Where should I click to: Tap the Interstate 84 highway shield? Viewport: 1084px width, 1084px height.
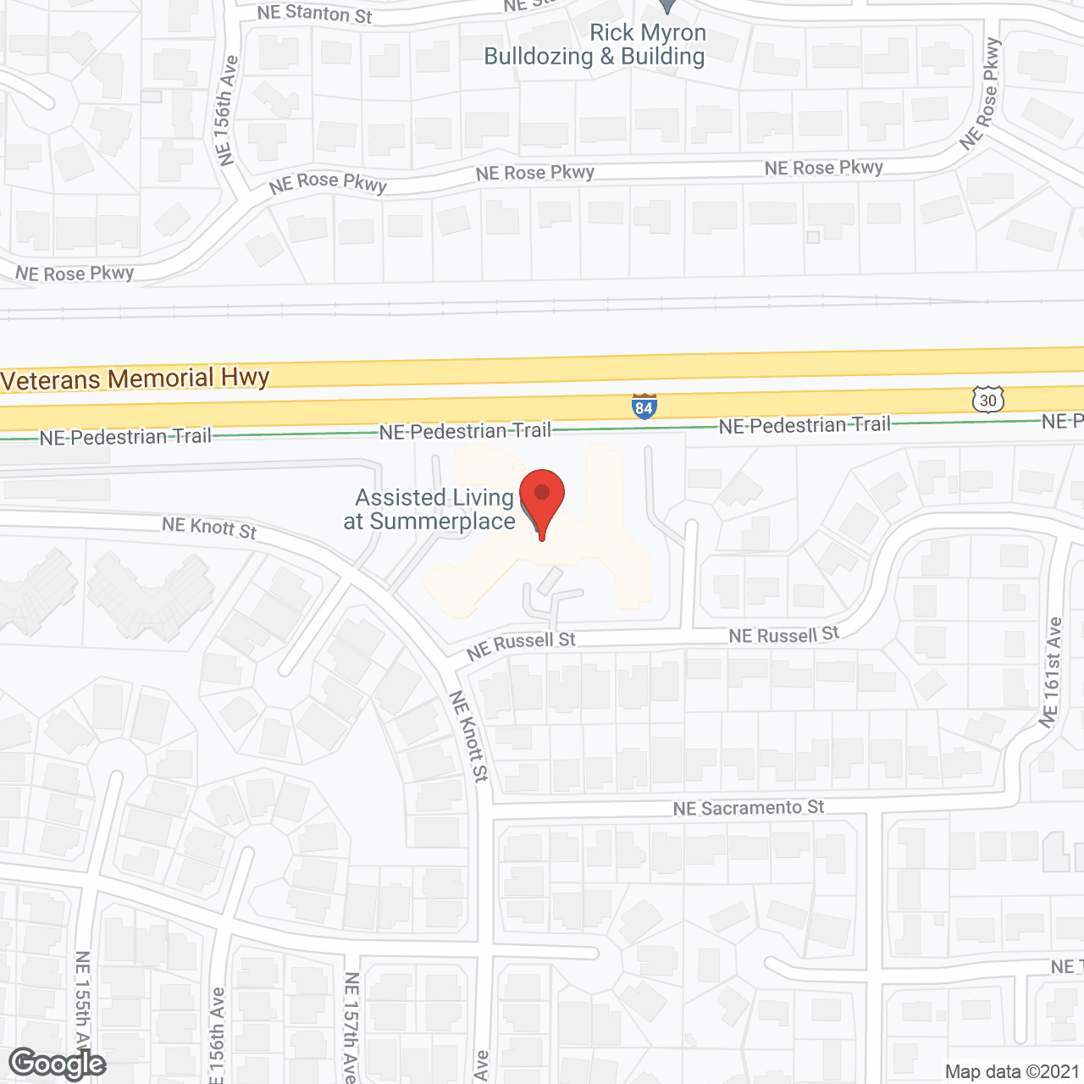pyautogui.click(x=644, y=406)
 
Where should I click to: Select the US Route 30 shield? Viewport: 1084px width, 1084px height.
pyautogui.click(x=987, y=399)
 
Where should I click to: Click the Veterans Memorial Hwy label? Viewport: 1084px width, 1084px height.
pyautogui.click(x=135, y=379)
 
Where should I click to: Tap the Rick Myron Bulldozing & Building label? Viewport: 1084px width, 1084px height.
pyautogui.click(x=595, y=45)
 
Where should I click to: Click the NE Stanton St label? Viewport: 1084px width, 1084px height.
pyautogui.click(x=315, y=13)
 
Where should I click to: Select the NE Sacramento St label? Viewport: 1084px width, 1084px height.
pyautogui.click(x=749, y=808)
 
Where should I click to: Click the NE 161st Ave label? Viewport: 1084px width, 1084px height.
pyautogui.click(x=1051, y=672)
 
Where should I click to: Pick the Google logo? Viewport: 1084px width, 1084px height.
pyautogui.click(x=58, y=1064)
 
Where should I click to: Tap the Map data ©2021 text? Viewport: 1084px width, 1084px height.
pyautogui.click(x=1012, y=1071)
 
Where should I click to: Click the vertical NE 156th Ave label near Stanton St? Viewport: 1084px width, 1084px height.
pyautogui.click(x=224, y=110)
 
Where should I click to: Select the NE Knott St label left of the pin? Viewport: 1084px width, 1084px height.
pyautogui.click(x=209, y=528)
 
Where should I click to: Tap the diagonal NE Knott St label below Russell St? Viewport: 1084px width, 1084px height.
pyautogui.click(x=468, y=736)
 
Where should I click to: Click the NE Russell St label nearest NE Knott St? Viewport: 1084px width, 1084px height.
pyautogui.click(x=521, y=645)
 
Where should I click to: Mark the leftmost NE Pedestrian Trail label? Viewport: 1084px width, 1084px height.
pyautogui.click(x=125, y=437)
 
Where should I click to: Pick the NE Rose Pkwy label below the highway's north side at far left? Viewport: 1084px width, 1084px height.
pyautogui.click(x=75, y=274)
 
